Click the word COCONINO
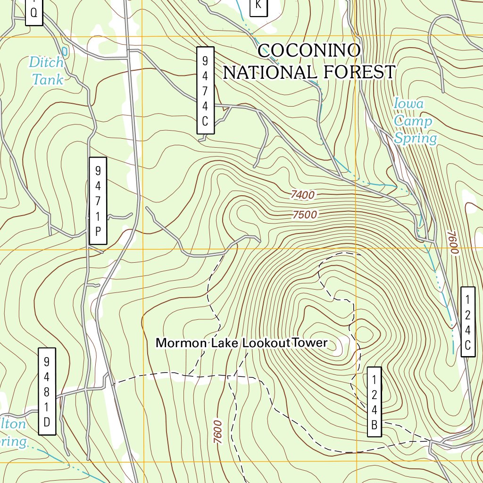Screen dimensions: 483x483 pos(309,51)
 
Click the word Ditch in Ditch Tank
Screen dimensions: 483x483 pos(46,62)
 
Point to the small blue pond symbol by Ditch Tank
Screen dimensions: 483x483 pos(65,50)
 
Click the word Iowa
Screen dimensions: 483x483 pos(408,103)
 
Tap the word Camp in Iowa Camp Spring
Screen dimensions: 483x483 pos(413,121)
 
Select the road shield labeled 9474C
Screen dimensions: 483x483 pos(205,90)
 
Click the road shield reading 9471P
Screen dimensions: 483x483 pos(98,200)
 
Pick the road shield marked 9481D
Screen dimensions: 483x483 pos(47,391)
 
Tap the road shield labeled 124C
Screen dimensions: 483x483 pos(467,322)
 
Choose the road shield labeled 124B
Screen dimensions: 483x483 pos(374,402)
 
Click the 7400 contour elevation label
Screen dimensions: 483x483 pos(302,194)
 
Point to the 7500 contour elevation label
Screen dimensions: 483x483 pos(304,215)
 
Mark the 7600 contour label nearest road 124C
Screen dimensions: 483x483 pos(453,243)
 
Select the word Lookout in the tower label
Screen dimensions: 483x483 pos(266,343)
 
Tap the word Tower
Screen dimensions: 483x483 pos(309,342)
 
